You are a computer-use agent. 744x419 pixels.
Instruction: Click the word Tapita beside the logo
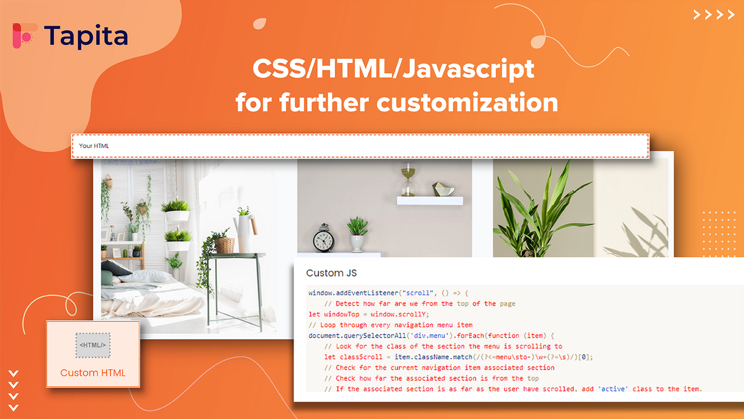[85, 36]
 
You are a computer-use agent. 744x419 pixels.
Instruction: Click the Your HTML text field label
[94, 146]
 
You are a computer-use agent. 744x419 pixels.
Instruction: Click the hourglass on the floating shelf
[408, 180]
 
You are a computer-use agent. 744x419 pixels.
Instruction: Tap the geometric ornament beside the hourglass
[443, 189]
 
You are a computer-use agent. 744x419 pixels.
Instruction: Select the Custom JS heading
[331, 273]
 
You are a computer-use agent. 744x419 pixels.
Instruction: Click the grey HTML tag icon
[93, 345]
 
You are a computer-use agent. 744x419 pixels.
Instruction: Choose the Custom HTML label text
[93, 373]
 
